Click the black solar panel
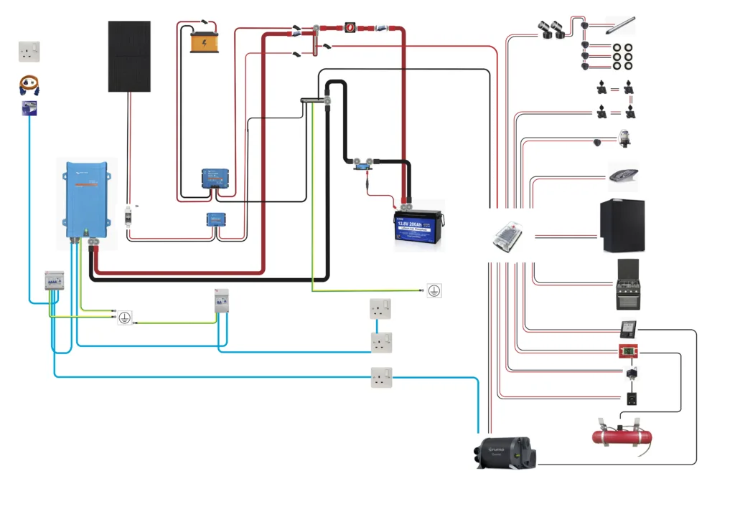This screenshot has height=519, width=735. [130, 56]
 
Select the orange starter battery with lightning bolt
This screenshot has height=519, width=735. [207, 42]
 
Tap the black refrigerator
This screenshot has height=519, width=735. [622, 227]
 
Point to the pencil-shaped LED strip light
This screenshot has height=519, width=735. [619, 26]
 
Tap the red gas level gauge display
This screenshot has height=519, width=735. [629, 352]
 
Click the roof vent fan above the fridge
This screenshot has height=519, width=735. [626, 174]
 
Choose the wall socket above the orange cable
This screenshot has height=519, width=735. [29, 52]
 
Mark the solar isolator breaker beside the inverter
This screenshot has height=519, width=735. [130, 215]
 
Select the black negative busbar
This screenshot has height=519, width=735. [313, 102]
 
